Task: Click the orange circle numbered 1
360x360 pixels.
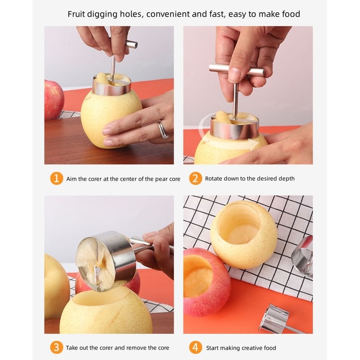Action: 56,179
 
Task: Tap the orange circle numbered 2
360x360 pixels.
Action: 195,179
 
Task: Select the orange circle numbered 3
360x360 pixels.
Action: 56,347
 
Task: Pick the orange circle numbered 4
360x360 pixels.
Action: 195,347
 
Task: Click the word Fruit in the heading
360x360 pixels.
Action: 76,14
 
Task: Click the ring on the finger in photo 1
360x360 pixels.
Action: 163,130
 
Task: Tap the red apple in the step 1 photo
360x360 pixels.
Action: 54,99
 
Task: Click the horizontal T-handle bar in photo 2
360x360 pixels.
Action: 236,70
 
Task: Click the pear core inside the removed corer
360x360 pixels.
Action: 96,261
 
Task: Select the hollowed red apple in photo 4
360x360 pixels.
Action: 206,281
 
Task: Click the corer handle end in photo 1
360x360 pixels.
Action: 131,44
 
